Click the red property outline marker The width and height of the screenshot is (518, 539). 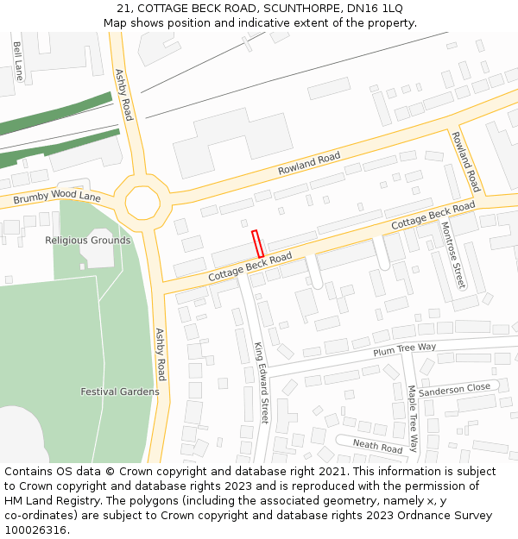pyautogui.click(x=257, y=243)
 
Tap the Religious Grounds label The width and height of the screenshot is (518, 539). pyautogui.click(x=88, y=241)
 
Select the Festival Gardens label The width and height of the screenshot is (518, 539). pyautogui.click(x=120, y=392)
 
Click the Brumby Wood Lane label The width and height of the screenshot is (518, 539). pyautogui.click(x=57, y=197)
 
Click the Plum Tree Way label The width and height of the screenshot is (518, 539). pyautogui.click(x=404, y=349)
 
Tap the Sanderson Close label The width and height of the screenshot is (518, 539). pyautogui.click(x=454, y=388)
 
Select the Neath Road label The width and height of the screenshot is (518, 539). pyautogui.click(x=377, y=447)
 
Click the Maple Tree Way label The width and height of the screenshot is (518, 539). pyautogui.click(x=413, y=418)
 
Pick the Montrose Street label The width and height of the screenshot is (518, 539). pyautogui.click(x=453, y=254)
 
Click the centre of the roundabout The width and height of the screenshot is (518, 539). pyautogui.click(x=142, y=204)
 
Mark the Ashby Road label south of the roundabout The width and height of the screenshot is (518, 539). pyautogui.click(x=160, y=354)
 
